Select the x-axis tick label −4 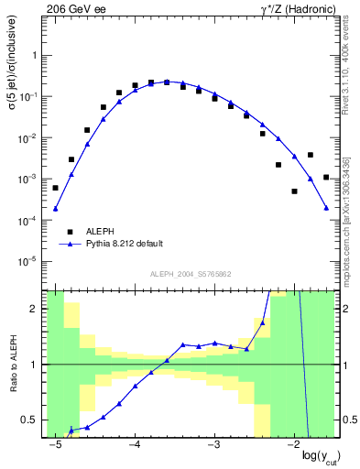134,444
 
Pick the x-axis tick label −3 213,444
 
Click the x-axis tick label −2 293,444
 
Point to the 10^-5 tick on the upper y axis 30,262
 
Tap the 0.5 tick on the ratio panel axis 30,420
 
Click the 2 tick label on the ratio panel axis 35,309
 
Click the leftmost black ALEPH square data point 55,188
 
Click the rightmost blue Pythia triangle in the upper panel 326,209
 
